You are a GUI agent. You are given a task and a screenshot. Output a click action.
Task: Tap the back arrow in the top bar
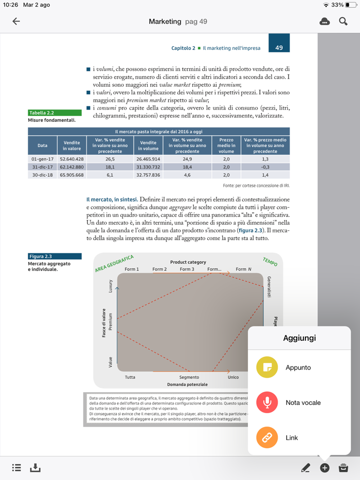(16, 22)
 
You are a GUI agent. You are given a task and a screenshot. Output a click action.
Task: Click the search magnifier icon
(343, 22)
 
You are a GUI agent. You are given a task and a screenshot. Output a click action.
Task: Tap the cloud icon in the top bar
(325, 22)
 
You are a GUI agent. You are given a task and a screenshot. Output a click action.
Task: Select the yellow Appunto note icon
(267, 367)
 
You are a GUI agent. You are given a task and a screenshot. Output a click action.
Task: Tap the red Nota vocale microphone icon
(267, 402)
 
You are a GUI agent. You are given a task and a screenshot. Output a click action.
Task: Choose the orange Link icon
(267, 438)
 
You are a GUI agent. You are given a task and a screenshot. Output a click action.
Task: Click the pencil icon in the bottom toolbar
(305, 468)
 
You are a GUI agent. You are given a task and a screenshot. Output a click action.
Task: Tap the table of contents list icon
(16, 468)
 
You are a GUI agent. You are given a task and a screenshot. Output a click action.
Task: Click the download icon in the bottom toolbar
(35, 468)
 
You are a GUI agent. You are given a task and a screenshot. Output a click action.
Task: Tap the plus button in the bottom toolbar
(325, 468)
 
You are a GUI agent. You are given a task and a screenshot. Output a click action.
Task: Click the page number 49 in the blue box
(279, 48)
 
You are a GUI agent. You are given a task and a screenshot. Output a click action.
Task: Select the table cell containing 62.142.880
(71, 167)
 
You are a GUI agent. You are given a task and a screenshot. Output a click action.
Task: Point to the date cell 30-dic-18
(42, 175)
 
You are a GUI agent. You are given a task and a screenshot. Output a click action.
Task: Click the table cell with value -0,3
(265, 167)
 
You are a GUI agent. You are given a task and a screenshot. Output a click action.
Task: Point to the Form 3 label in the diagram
(187, 269)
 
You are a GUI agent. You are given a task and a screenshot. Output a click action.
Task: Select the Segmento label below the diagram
(189, 377)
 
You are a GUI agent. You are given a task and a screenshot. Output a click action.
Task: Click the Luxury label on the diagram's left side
(110, 286)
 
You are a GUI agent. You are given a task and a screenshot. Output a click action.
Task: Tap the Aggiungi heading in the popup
(299, 338)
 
